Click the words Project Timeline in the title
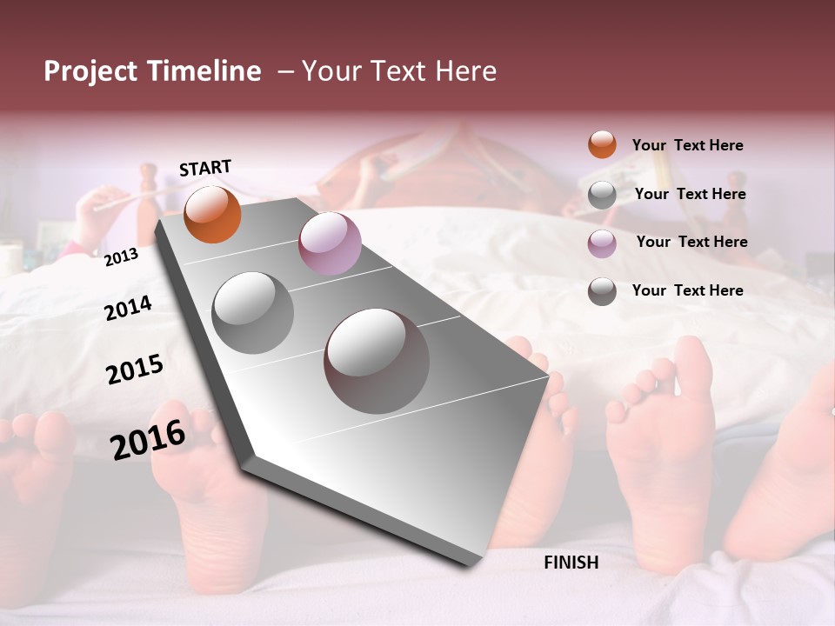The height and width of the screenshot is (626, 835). pos(152,71)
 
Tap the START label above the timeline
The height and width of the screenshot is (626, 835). pos(205,168)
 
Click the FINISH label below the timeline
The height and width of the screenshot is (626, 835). pos(571,563)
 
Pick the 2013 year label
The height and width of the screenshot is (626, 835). pos(121,256)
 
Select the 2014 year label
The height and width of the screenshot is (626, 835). pos(128,308)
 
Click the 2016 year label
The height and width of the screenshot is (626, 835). pos(148,439)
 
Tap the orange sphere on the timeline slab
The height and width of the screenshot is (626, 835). pos(212,214)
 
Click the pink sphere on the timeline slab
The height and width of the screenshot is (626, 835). pos(330,243)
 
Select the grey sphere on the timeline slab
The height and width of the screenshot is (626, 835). pos(253,312)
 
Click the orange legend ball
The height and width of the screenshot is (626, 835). pos(602,144)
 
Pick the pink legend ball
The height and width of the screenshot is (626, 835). pos(602,243)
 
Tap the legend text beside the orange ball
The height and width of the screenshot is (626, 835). pos(687,145)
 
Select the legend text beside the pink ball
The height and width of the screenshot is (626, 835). pos(691,242)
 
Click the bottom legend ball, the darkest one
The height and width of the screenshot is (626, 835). pos(602,291)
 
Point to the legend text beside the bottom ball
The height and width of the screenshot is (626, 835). pos(687,290)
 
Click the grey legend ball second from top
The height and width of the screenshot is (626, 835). pos(602,195)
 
